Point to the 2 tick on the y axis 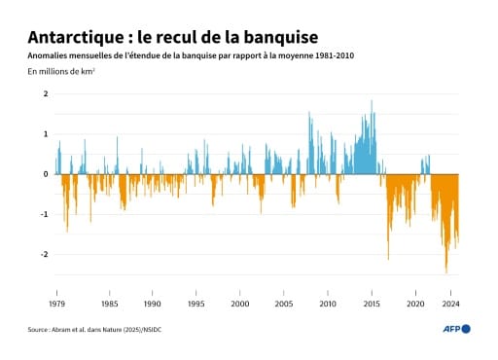pyautogui.click(x=46, y=94)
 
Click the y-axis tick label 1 pyautogui.click(x=46, y=134)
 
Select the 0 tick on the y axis pyautogui.click(x=46, y=174)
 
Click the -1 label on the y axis pyautogui.click(x=44, y=215)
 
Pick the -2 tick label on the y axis pyautogui.click(x=44, y=255)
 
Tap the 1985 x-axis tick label pyautogui.click(x=109, y=304)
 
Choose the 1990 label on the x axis pyautogui.click(x=153, y=304)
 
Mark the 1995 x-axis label pyautogui.click(x=196, y=304)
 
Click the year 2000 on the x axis pyautogui.click(x=240, y=304)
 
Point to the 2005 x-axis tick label pyautogui.click(x=284, y=304)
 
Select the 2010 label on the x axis pyautogui.click(x=328, y=304)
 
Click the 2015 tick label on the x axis pyautogui.click(x=372, y=304)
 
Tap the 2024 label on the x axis pyautogui.click(x=450, y=304)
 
